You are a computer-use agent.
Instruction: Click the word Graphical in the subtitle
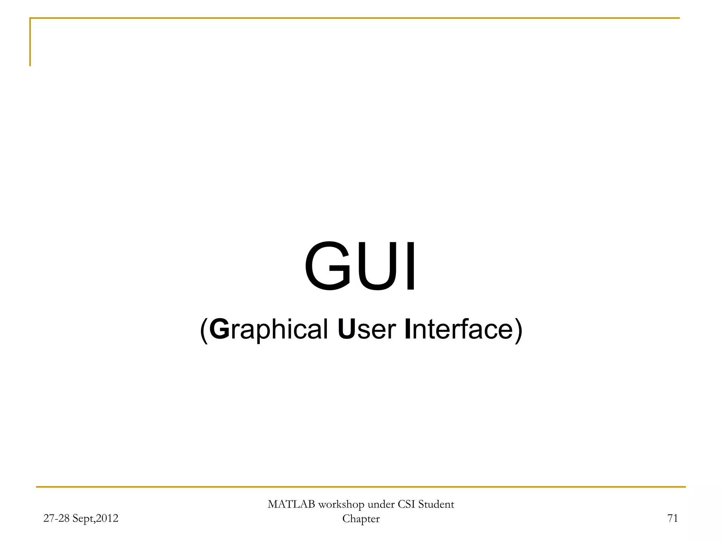point(269,329)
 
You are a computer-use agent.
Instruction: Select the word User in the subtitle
point(367,329)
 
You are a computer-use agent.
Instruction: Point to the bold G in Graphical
point(219,329)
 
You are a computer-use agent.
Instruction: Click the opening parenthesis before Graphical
point(204,330)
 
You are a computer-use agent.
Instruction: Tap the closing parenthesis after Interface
point(518,330)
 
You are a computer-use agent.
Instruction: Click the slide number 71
point(673,518)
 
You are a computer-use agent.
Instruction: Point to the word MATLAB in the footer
point(291,504)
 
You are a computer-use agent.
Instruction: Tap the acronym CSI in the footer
point(406,504)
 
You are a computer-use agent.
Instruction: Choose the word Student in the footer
point(436,504)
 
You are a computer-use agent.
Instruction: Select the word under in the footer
point(381,504)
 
